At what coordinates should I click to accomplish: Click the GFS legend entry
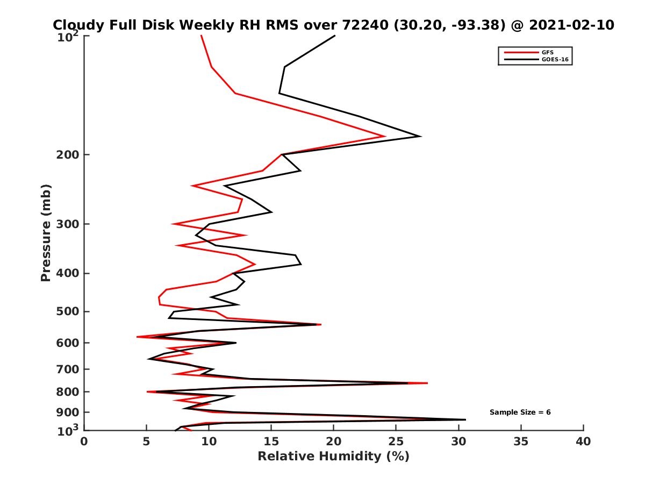click(x=547, y=52)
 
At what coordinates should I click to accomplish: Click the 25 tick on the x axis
click(x=396, y=442)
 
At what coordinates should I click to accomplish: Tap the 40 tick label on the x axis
click(x=583, y=442)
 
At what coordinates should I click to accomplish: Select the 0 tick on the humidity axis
click(x=84, y=442)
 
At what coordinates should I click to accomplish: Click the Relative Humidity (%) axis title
click(x=333, y=457)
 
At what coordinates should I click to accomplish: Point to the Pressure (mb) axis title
click(x=46, y=232)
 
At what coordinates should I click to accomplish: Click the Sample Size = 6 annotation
click(x=520, y=412)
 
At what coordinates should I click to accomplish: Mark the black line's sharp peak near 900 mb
click(x=465, y=419)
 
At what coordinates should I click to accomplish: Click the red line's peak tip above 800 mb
click(x=427, y=383)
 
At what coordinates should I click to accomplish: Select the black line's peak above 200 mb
click(x=420, y=136)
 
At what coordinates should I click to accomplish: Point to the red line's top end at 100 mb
click(x=201, y=35)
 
